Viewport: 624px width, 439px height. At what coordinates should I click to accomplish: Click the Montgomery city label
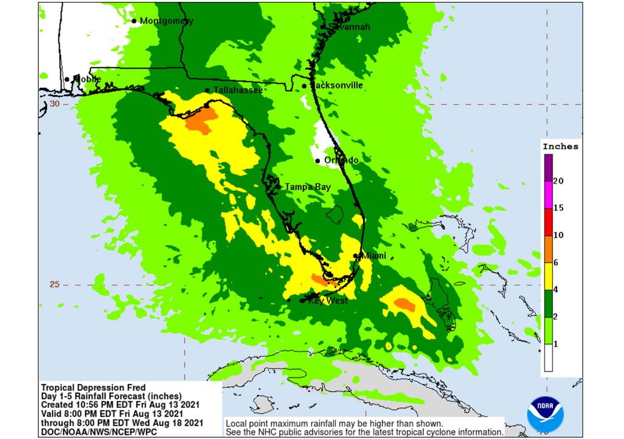pos(166,21)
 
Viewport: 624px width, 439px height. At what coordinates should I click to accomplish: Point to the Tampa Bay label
pos(308,187)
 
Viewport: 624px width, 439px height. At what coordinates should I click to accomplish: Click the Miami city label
pos(374,256)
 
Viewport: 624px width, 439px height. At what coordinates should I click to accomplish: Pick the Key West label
pos(328,301)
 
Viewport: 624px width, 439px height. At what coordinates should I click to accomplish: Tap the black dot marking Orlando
pos(317,160)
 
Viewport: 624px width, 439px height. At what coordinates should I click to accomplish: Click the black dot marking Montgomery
pos(134,21)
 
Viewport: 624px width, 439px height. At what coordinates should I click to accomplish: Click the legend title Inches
pos(560,146)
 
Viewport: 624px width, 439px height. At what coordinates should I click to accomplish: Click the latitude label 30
pos(55,104)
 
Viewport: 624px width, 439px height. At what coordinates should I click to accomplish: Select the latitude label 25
pos(55,284)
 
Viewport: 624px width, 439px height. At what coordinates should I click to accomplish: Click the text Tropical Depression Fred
pos(93,387)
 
